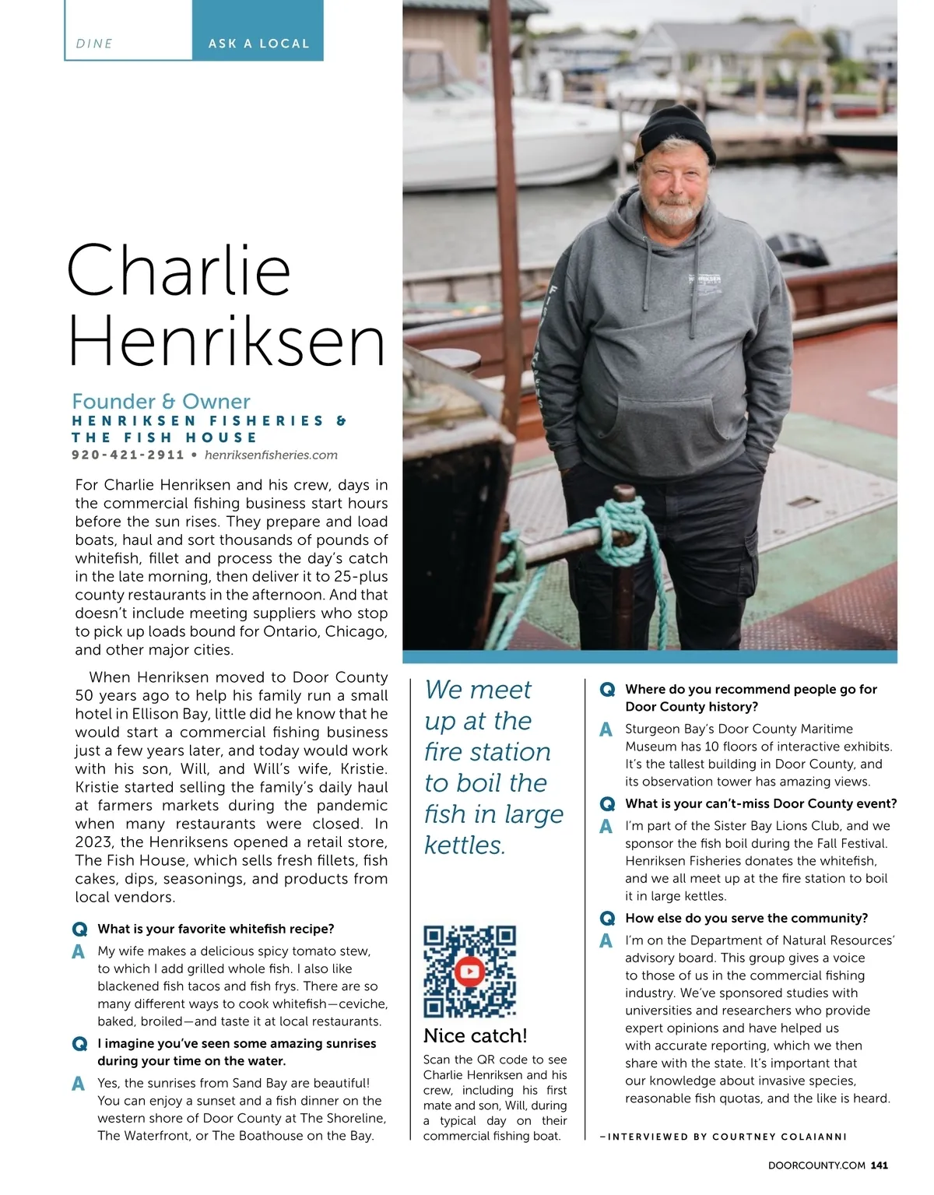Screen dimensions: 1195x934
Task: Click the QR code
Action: click(x=469, y=972)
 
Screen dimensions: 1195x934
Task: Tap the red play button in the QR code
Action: click(x=469, y=972)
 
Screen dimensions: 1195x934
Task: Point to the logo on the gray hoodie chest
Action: click(x=705, y=281)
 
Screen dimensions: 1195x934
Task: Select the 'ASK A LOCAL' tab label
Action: click(x=258, y=44)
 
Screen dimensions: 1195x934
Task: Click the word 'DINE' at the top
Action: click(x=94, y=44)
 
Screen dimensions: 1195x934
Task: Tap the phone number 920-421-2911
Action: click(x=128, y=455)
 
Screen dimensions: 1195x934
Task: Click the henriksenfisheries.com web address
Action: click(x=271, y=455)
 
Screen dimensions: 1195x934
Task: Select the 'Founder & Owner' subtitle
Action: click(x=161, y=402)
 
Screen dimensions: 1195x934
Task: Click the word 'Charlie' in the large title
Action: click(x=179, y=271)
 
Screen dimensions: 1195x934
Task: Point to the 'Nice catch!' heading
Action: click(x=476, y=1035)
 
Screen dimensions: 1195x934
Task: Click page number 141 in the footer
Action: click(x=879, y=1165)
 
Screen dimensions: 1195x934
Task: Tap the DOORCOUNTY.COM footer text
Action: click(x=816, y=1165)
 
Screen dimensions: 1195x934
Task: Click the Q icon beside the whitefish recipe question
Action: click(x=79, y=930)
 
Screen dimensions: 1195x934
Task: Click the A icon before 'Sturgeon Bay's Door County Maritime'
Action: click(x=606, y=729)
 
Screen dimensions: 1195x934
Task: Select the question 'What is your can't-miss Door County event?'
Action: click(x=760, y=803)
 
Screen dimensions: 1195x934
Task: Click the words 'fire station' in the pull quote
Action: click(x=487, y=752)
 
